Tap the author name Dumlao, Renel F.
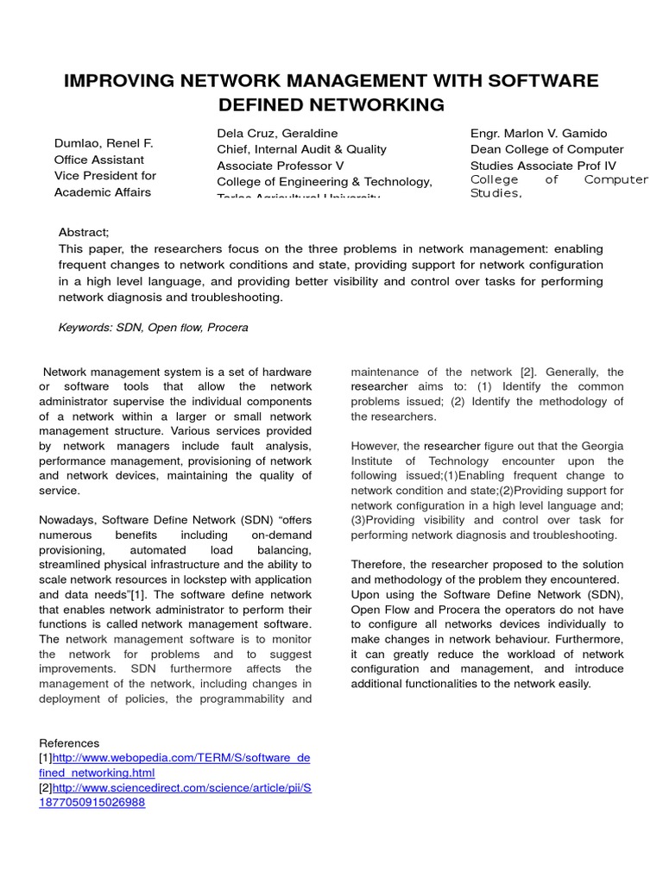104,143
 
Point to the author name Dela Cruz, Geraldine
277,134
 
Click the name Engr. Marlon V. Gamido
539,134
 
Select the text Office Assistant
99,160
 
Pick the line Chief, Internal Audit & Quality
301,149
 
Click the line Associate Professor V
280,166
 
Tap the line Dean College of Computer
546,149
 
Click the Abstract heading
84,232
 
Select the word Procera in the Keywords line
228,328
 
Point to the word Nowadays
67,520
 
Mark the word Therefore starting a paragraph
378,564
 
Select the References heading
69,742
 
